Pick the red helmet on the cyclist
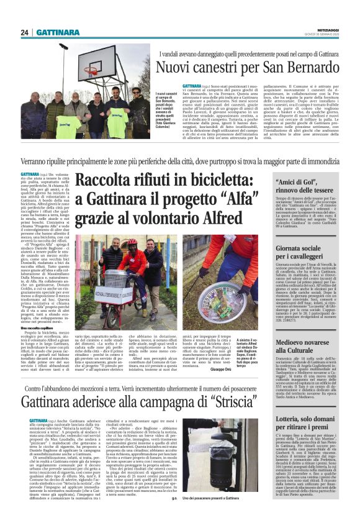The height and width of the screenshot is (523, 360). click(132, 241)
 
